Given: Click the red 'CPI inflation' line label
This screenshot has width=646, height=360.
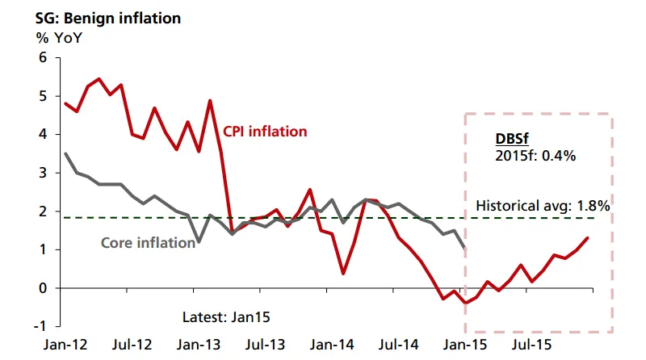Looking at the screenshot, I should pyautogui.click(x=265, y=131).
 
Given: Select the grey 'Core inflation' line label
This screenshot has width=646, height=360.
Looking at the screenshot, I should pyautogui.click(x=147, y=241).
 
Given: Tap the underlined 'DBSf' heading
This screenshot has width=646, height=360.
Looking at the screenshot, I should pyautogui.click(x=510, y=139).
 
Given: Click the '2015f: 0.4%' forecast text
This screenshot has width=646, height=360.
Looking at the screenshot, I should pyautogui.click(x=535, y=156).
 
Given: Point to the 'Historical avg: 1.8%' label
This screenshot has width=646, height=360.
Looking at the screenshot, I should pyautogui.click(x=543, y=205).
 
